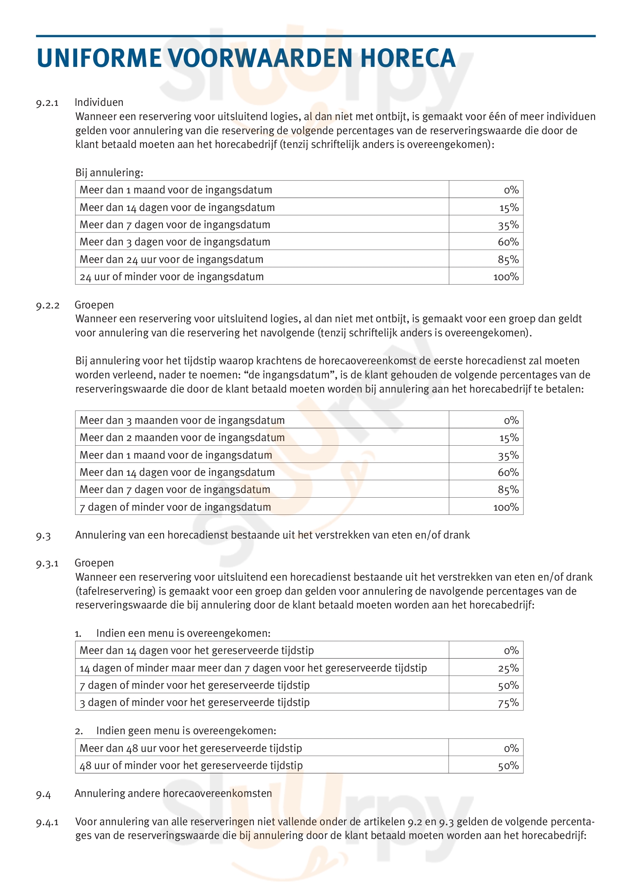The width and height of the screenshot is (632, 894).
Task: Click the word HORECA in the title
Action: pos(407,58)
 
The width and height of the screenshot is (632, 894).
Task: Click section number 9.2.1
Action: pos(47,103)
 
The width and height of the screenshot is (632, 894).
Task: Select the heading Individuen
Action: pos(99,102)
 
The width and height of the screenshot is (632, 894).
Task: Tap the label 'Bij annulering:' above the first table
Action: pos(109,172)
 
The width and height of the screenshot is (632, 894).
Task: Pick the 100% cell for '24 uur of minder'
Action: pos(506,276)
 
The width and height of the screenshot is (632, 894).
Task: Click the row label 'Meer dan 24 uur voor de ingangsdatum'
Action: pos(171,259)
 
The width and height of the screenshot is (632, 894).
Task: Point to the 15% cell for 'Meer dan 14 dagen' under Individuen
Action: pos(509,208)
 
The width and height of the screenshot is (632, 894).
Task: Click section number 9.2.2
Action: pos(47,305)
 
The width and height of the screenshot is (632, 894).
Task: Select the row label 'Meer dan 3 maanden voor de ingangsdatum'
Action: pos(182,420)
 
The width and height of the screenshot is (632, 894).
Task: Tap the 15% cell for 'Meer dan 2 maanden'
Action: pos(509,438)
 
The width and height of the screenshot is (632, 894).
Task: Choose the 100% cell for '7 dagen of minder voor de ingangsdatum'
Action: pos(506,507)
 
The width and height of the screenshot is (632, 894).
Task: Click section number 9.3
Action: pos(43,536)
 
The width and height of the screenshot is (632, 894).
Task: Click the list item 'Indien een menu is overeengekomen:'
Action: pos(183,633)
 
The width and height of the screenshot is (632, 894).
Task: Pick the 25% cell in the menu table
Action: pos(508,668)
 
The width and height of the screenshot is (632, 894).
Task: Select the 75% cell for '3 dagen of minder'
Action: pos(508,703)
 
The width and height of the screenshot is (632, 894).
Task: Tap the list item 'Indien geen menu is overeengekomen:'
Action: pos(186,730)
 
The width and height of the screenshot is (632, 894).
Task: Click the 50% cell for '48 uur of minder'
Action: pos(508,766)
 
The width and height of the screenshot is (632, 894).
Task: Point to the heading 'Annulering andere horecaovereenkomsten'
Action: pos(173,793)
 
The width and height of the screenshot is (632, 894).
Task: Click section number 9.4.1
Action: pos(47,823)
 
